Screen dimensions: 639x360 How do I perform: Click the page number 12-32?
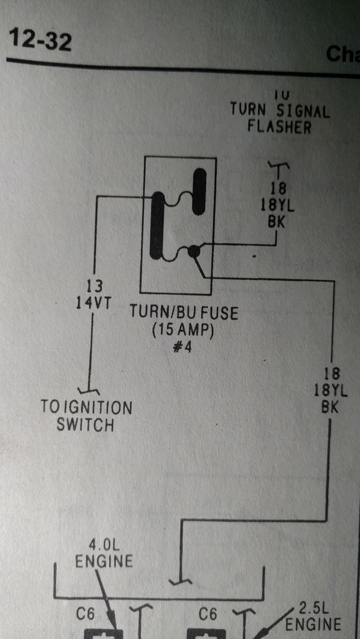(x=40, y=41)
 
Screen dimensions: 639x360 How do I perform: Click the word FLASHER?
(x=279, y=126)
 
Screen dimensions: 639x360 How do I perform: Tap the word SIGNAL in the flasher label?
(x=298, y=110)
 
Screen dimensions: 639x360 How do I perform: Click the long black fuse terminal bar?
(x=157, y=225)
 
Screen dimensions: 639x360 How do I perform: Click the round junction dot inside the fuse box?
(x=194, y=251)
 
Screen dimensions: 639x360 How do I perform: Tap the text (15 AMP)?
(x=182, y=330)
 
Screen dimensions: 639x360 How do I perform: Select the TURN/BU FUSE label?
(x=184, y=313)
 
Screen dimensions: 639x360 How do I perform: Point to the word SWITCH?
(x=85, y=424)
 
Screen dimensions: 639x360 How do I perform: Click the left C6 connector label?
(x=85, y=615)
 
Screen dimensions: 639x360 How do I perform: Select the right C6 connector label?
(x=207, y=615)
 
